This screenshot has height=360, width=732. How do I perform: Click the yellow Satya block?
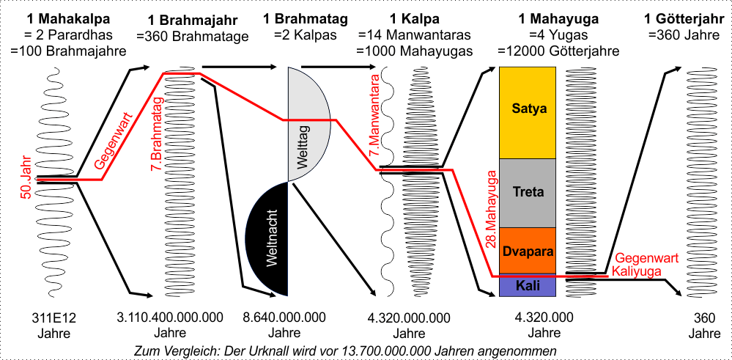click(x=528, y=110)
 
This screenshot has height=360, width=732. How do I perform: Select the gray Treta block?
click(x=528, y=192)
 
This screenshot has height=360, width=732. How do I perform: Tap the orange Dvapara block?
click(x=528, y=251)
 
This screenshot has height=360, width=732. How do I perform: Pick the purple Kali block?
click(x=528, y=285)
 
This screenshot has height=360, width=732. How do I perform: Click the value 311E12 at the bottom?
click(x=54, y=318)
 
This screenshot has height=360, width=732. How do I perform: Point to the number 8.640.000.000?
click(x=284, y=318)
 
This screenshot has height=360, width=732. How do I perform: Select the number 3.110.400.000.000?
click(x=170, y=318)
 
